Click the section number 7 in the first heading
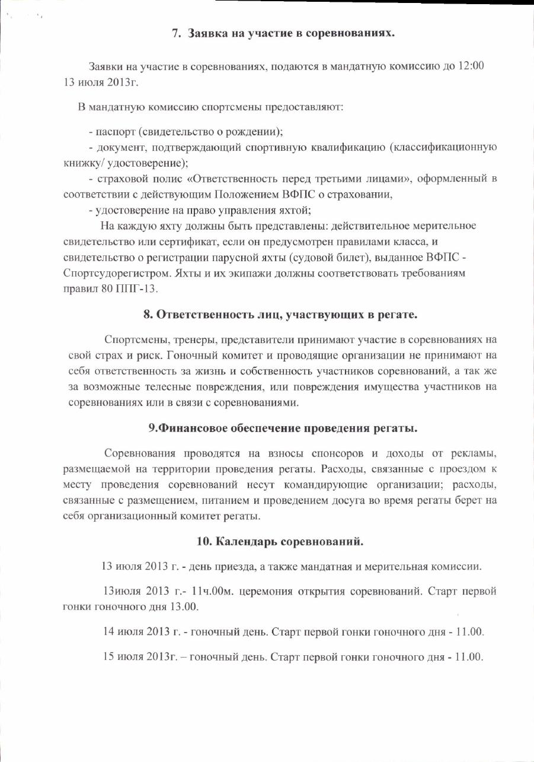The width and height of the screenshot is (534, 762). pyautogui.click(x=175, y=33)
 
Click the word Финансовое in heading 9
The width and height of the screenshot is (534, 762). pyautogui.click(x=194, y=428)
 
